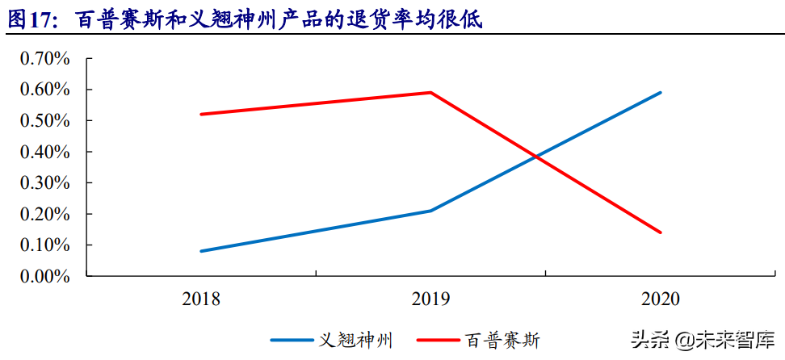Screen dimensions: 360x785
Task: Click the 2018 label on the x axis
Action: (x=201, y=299)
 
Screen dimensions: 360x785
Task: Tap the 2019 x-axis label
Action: (x=430, y=299)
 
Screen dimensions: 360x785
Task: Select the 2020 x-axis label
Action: (x=661, y=299)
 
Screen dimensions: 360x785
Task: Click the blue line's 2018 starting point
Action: (x=201, y=251)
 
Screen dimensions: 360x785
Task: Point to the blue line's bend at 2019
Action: (x=430, y=211)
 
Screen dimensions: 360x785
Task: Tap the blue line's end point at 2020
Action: (x=661, y=93)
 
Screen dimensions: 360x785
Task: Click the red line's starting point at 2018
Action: (x=201, y=114)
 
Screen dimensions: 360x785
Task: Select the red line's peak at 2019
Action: (x=430, y=92)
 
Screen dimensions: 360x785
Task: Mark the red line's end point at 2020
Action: (x=661, y=232)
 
